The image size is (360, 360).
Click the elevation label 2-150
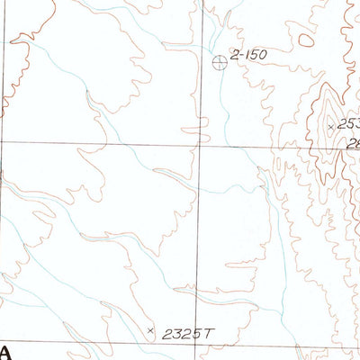[249, 56]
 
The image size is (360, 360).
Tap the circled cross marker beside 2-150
[220, 61]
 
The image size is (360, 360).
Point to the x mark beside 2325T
[149, 331]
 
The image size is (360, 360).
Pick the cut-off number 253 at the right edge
[348, 124]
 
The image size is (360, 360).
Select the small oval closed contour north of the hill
[307, 40]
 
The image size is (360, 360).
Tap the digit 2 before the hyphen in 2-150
[234, 56]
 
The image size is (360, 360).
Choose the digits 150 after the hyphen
[256, 56]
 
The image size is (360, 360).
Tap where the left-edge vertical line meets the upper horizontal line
[3, 142]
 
